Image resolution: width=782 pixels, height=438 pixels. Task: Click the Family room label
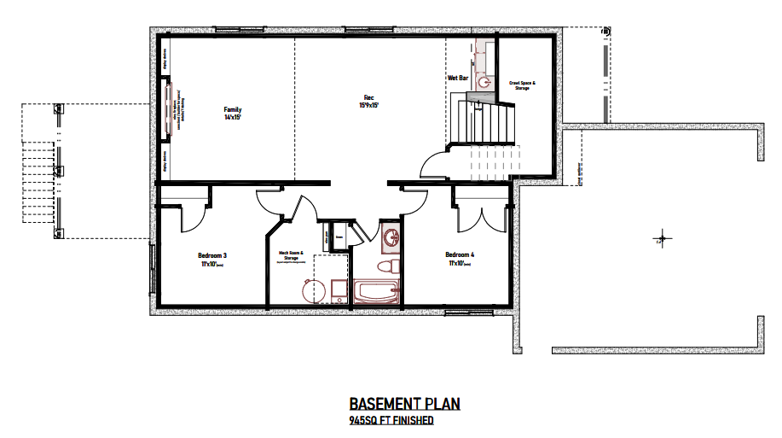pyautogui.click(x=233, y=110)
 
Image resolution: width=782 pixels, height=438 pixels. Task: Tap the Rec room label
pyautogui.click(x=369, y=96)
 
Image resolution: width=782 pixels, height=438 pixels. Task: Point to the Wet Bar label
pyautogui.click(x=458, y=78)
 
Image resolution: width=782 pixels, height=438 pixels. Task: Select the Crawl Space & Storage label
pyautogui.click(x=523, y=85)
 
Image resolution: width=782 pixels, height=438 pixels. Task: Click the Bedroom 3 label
pyautogui.click(x=211, y=255)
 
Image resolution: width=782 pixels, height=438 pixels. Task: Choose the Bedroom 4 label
pyautogui.click(x=460, y=254)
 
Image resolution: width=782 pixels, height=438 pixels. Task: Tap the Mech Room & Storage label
pyautogui.click(x=291, y=254)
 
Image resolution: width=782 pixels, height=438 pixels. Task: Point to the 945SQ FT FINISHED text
pyautogui.click(x=391, y=421)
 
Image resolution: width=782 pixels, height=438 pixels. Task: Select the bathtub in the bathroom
pyautogui.click(x=373, y=293)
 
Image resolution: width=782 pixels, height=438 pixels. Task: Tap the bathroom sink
pyautogui.click(x=391, y=237)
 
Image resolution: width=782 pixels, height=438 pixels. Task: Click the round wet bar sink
pyautogui.click(x=484, y=83)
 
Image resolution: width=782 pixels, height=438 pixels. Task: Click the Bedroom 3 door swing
pyautogui.click(x=191, y=217)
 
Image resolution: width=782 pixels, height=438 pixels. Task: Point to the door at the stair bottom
pyautogui.click(x=437, y=164)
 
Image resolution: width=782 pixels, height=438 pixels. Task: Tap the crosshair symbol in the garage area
pyautogui.click(x=660, y=238)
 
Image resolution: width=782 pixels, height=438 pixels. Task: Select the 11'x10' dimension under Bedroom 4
pyautogui.click(x=460, y=264)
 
